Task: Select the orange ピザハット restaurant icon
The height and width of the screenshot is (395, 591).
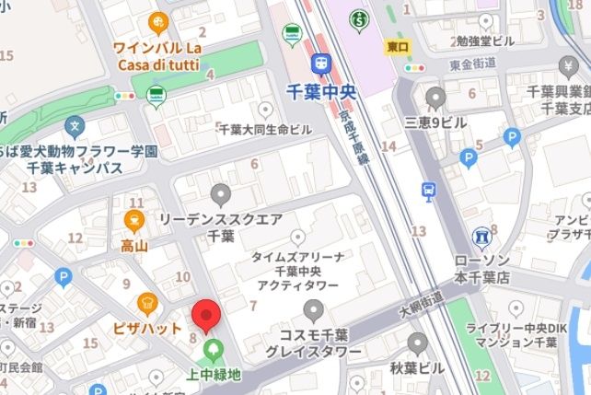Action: [x=147, y=302]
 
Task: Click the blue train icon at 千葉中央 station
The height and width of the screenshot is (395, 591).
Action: [x=321, y=63]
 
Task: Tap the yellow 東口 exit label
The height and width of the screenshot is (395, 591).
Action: [x=399, y=45]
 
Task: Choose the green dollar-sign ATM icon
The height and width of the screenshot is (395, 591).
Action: [x=359, y=18]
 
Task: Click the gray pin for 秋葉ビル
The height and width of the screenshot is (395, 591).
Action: [x=416, y=344]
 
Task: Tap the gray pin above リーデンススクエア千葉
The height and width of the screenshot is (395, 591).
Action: [x=220, y=194]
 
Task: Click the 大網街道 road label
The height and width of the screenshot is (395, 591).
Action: [x=422, y=300]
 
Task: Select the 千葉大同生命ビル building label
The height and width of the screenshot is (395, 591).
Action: [x=265, y=130]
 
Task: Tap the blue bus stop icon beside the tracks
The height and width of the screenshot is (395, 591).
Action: [x=428, y=191]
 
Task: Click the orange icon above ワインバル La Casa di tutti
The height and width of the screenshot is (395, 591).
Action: [x=158, y=22]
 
